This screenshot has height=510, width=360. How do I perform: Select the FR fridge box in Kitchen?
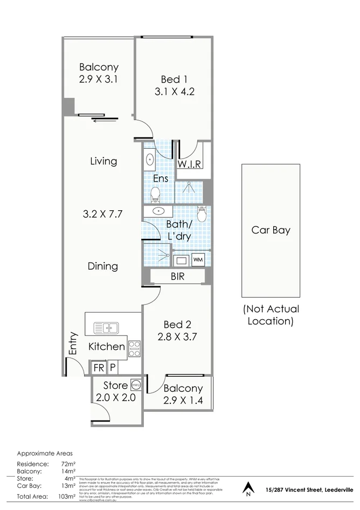click(99, 368)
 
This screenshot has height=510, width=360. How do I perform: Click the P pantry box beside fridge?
click(113, 368)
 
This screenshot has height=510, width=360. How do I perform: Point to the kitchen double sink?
click(106, 328)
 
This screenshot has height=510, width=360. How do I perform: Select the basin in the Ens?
click(149, 159)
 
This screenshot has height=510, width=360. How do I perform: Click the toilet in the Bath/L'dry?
click(202, 215)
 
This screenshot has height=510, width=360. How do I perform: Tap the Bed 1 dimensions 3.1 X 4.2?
click(174, 91)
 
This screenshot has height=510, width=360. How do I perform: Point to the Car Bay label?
click(271, 230)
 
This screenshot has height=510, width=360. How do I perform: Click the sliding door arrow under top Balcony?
click(99, 120)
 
